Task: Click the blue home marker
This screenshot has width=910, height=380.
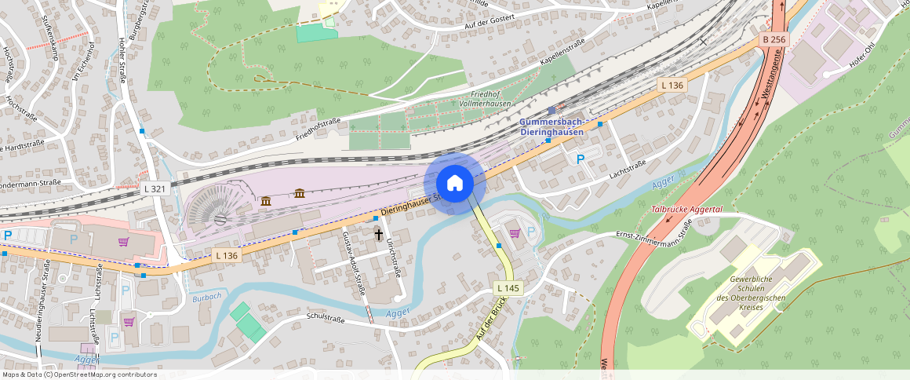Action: pyautogui.click(x=454, y=183)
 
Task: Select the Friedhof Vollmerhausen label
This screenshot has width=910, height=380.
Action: pyautogui.click(x=486, y=98)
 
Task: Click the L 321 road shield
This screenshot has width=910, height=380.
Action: pyautogui.click(x=155, y=189)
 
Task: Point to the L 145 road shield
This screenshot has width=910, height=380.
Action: pyautogui.click(x=508, y=289)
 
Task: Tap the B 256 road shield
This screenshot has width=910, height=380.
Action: pyautogui.click(x=773, y=39)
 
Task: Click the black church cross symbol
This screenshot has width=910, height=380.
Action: pyautogui.click(x=379, y=234)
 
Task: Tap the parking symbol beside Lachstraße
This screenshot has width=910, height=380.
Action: pyautogui.click(x=581, y=159)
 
